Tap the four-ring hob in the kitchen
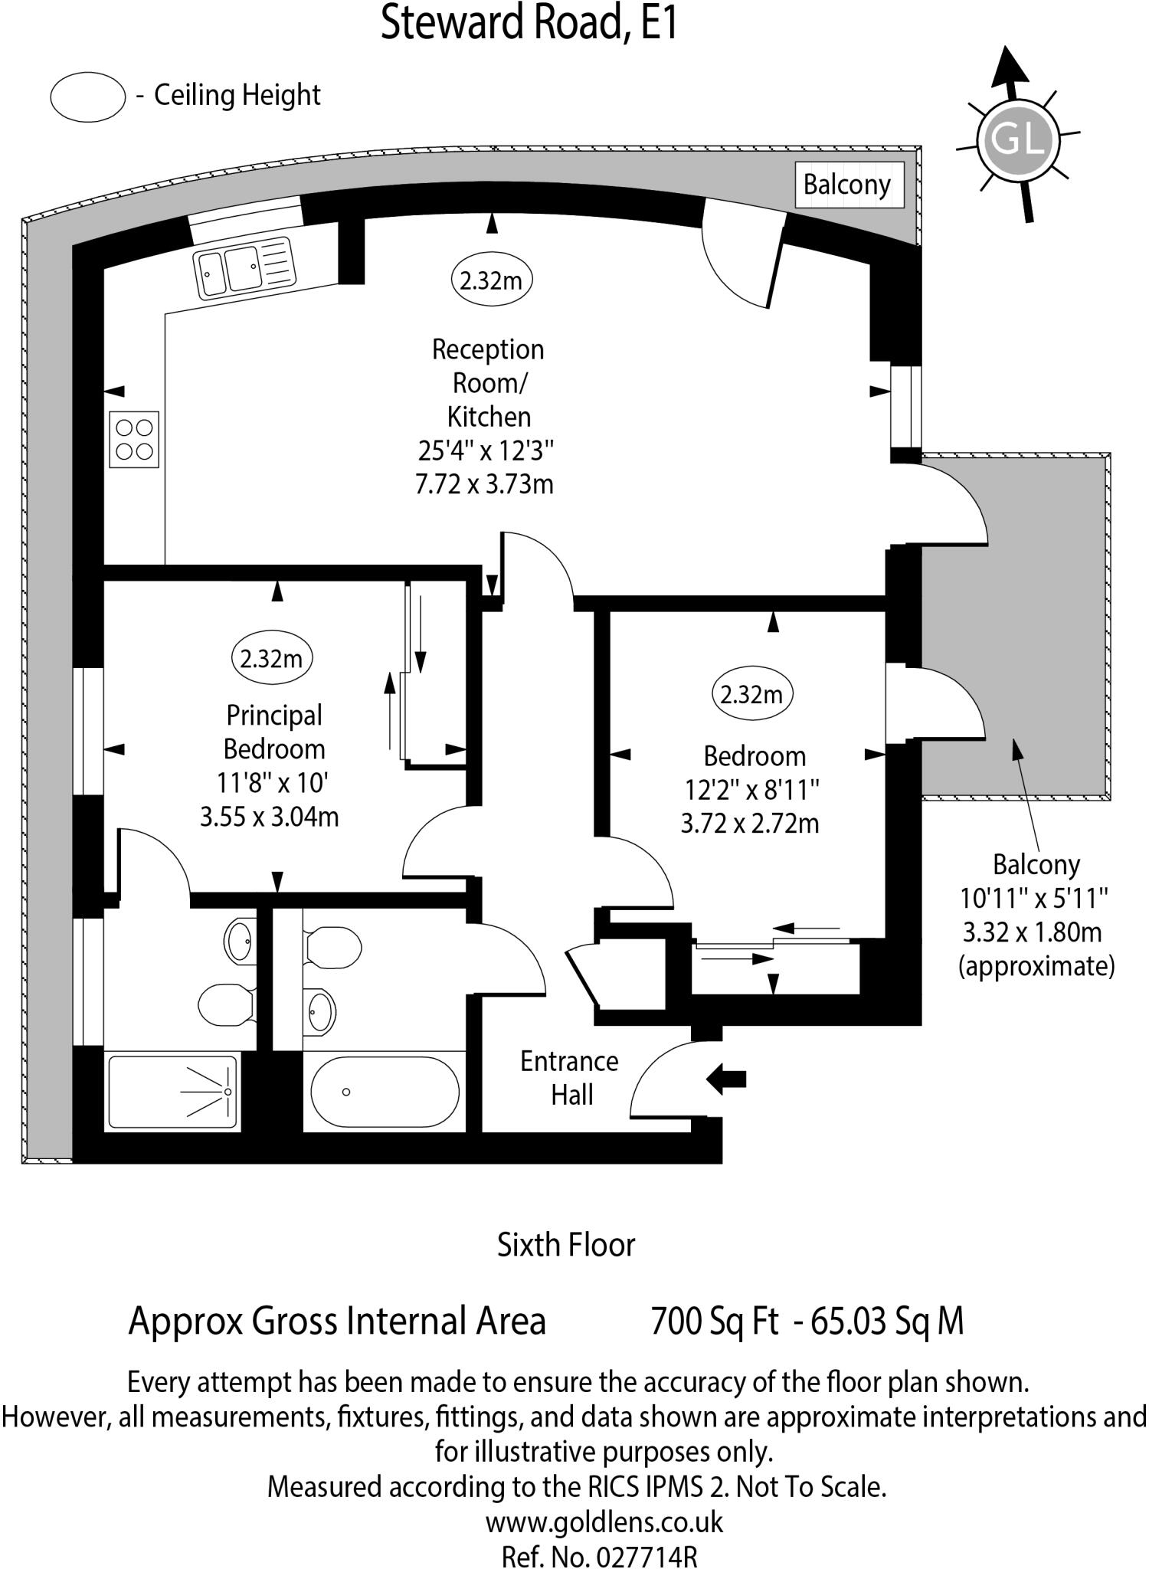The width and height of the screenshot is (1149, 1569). [x=134, y=439]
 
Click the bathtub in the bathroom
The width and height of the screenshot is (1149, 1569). [x=385, y=1092]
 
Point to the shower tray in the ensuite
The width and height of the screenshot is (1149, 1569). [x=172, y=1091]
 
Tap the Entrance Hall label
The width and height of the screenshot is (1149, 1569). [x=569, y=1078]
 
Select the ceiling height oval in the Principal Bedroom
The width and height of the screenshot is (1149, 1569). [x=271, y=658]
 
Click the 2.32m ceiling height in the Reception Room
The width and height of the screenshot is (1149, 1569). [x=491, y=280]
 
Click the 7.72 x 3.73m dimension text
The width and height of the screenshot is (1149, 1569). [x=484, y=485]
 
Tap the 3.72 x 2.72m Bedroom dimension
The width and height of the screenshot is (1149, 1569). [x=750, y=824]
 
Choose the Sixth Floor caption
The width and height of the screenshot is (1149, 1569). [x=566, y=1245]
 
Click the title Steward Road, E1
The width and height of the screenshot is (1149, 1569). [x=529, y=23]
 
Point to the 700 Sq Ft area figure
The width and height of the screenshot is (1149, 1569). [x=714, y=1321]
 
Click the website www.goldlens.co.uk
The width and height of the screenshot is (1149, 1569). [x=604, y=1522]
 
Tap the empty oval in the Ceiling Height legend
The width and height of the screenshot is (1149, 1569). [x=87, y=97]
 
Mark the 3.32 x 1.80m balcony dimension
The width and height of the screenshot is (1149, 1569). [x=1033, y=932]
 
